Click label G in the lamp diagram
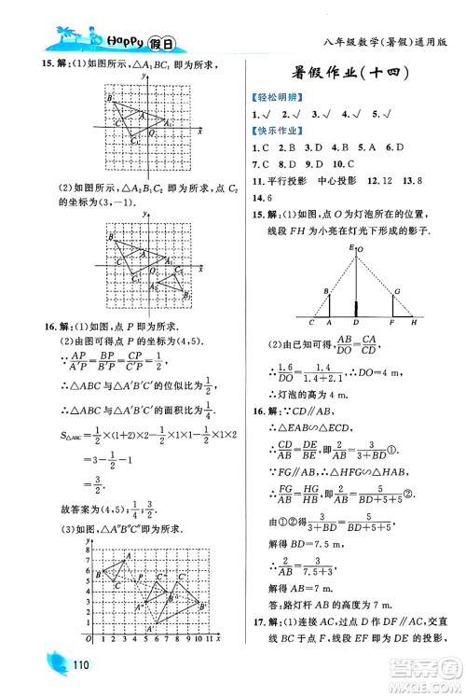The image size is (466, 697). (397, 292)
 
